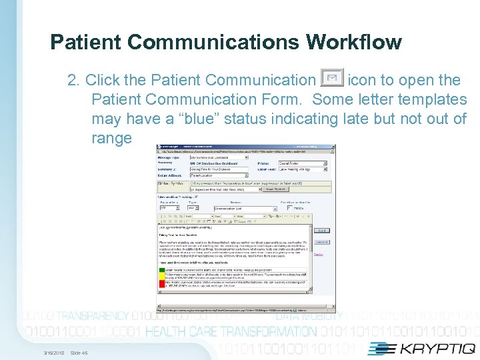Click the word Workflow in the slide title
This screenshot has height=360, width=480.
point(354,43)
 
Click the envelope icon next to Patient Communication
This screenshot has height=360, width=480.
point(332,79)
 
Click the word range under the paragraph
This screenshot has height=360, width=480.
point(112,138)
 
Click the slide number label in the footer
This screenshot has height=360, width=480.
point(79,353)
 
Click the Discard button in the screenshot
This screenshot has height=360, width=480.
point(322,242)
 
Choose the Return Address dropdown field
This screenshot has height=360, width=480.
point(217,175)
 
